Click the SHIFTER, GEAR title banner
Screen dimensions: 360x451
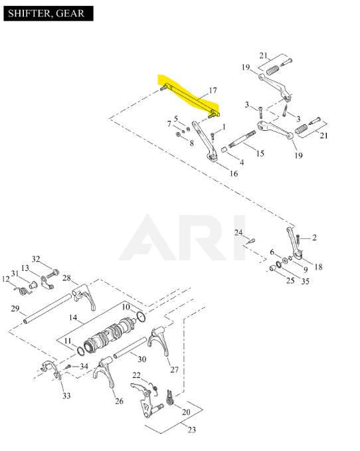[x=48, y=13]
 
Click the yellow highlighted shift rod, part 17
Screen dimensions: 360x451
[x=190, y=100]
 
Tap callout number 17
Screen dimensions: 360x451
[x=213, y=90]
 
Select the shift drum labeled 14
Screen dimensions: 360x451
[x=110, y=335]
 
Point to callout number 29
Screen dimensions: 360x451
[x=15, y=309]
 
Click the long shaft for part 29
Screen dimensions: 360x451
[x=47, y=309]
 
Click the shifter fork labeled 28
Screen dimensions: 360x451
[x=84, y=297]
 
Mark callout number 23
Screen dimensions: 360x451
[x=192, y=430]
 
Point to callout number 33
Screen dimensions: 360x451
[x=66, y=396]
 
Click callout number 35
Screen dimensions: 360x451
[x=305, y=281]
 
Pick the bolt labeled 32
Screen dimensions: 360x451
[x=52, y=274]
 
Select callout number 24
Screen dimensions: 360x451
[x=238, y=232]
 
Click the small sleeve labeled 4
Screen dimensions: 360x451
[x=225, y=149]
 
